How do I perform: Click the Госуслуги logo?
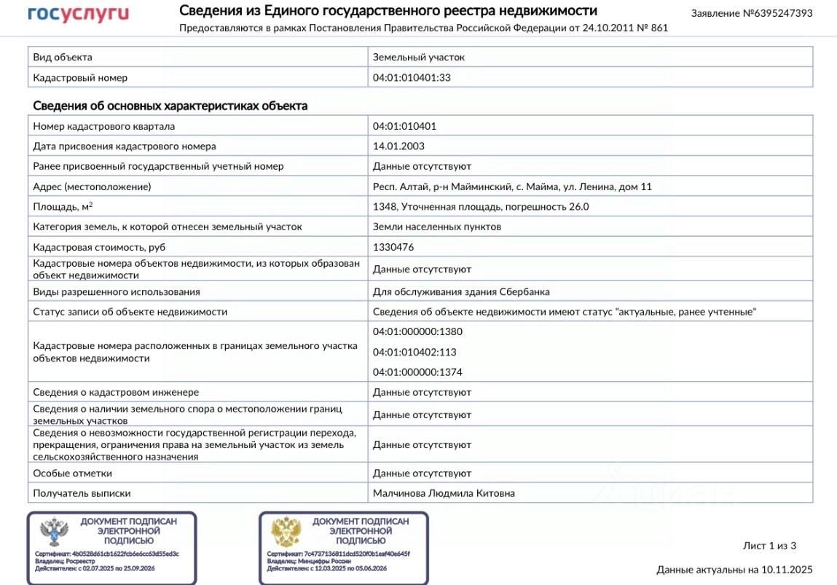(78, 14)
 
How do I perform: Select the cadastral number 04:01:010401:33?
(412, 77)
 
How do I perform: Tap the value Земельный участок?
(418, 57)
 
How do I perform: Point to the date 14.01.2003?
(398, 146)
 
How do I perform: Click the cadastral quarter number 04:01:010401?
(404, 126)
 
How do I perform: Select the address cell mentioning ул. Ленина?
(512, 187)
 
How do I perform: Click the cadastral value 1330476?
(393, 247)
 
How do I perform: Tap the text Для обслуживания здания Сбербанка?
(461, 291)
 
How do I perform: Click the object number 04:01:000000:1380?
(417, 331)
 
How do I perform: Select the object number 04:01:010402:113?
(414, 352)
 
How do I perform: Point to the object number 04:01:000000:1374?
(417, 372)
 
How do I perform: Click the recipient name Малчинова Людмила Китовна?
(444, 493)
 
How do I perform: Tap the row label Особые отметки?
(68, 474)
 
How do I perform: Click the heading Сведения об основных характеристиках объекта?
(170, 106)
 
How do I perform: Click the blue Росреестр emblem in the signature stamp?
(55, 533)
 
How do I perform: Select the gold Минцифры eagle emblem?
(286, 533)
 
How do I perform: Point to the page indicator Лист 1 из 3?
(769, 546)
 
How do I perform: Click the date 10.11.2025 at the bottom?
(787, 570)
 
